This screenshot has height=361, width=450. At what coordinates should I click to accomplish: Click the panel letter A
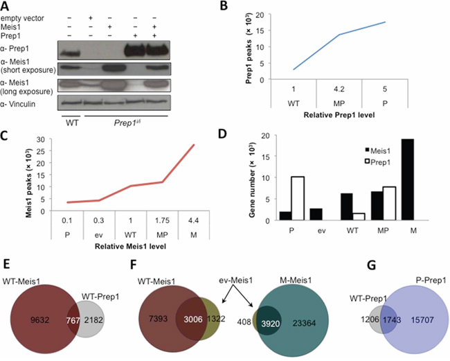pyautogui.click(x=6, y=6)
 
